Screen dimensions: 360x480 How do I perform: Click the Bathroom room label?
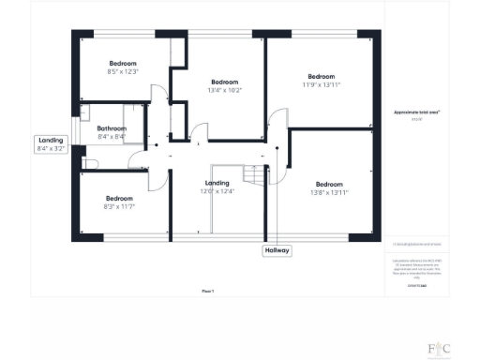(112, 128)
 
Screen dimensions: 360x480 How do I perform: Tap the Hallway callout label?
(277, 250)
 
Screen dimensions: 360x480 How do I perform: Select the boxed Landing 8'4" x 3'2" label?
(52, 144)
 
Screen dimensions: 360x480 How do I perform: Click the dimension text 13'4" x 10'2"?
(226, 91)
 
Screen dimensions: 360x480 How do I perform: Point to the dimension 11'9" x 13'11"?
(321, 85)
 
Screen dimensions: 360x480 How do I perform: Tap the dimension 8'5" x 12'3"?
(123, 71)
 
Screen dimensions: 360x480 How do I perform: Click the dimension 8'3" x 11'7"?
(119, 206)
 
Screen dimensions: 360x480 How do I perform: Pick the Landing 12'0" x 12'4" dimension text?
(217, 191)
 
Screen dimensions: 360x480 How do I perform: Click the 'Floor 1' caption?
(208, 292)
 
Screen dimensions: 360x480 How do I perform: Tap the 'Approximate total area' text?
(416, 112)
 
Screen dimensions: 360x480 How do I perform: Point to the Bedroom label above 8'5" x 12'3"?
(123, 62)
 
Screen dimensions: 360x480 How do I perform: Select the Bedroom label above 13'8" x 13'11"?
(329, 183)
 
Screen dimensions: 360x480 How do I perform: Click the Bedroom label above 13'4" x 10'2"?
(226, 82)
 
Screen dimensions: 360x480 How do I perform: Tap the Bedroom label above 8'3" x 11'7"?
(119, 198)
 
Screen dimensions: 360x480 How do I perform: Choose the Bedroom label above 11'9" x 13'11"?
(322, 76)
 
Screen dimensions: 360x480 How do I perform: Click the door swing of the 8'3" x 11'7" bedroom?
(160, 178)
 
